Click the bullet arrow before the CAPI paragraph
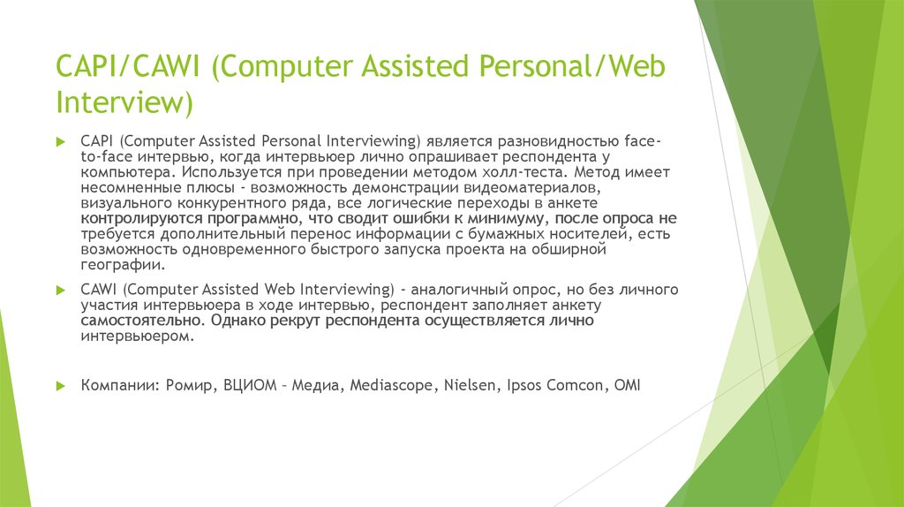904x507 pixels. pos(60,140)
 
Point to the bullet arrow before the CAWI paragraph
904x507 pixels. pos(60,290)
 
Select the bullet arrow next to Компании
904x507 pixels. pos(60,386)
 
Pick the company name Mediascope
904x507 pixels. pos(387,387)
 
